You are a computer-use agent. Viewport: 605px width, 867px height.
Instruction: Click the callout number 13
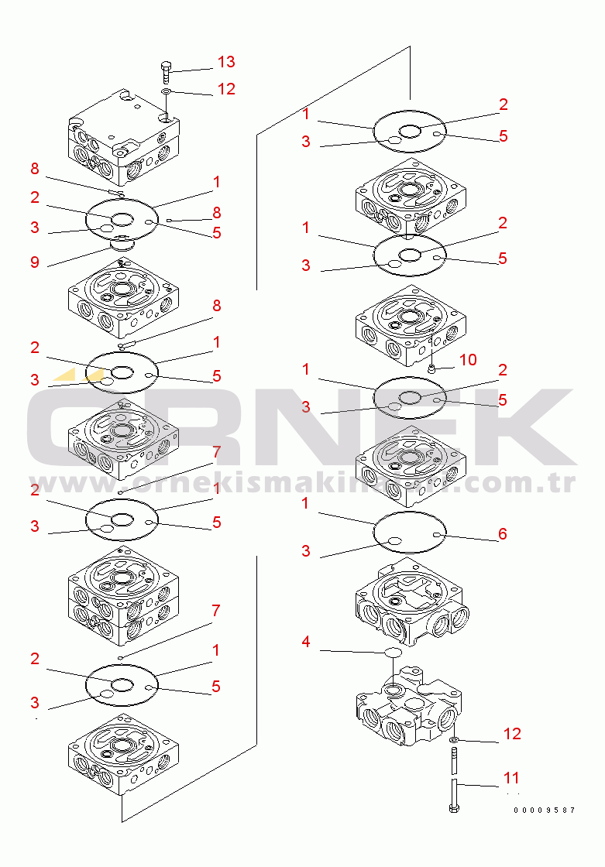[x=226, y=62]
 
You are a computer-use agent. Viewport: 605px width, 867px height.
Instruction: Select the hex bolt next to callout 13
[x=166, y=72]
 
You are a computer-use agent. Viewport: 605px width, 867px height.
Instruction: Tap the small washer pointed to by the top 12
[x=166, y=91]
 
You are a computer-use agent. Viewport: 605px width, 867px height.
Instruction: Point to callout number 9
[x=35, y=262]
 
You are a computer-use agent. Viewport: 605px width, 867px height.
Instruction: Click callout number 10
[x=468, y=360]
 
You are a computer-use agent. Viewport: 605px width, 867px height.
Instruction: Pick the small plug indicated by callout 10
[x=431, y=368]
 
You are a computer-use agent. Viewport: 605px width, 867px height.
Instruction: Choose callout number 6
[x=503, y=533]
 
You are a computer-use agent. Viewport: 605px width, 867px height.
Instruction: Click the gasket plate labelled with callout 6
[x=410, y=532]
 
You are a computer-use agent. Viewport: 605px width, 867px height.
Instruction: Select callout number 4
[x=306, y=642]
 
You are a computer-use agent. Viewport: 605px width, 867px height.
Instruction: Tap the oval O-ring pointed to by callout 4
[x=394, y=653]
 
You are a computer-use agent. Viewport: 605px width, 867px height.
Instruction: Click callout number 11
[x=511, y=778]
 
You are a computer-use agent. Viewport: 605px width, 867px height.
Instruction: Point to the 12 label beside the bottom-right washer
[x=512, y=734]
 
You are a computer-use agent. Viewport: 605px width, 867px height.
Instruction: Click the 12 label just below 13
[x=226, y=89]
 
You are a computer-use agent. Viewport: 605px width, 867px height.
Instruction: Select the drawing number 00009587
[x=545, y=810]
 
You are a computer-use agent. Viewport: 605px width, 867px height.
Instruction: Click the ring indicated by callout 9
[x=122, y=243]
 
